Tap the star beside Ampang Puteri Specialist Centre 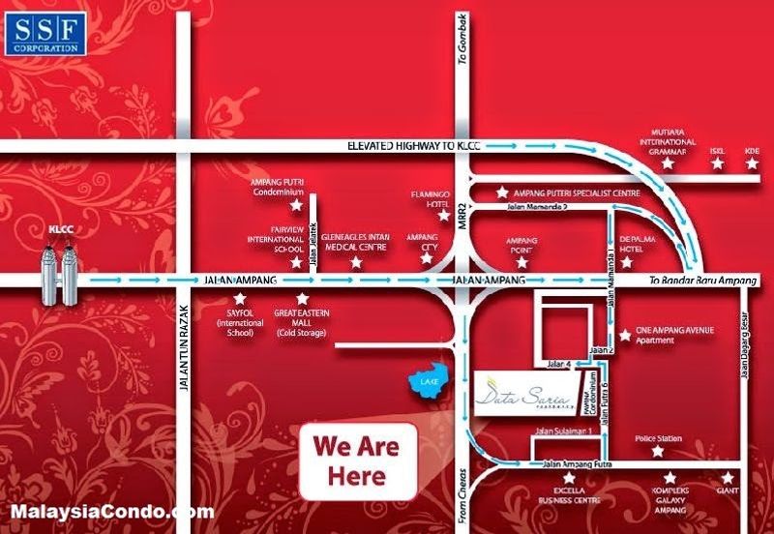point(500,193)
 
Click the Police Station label point(657,438)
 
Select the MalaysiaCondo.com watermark point(111,510)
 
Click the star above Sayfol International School point(236,299)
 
